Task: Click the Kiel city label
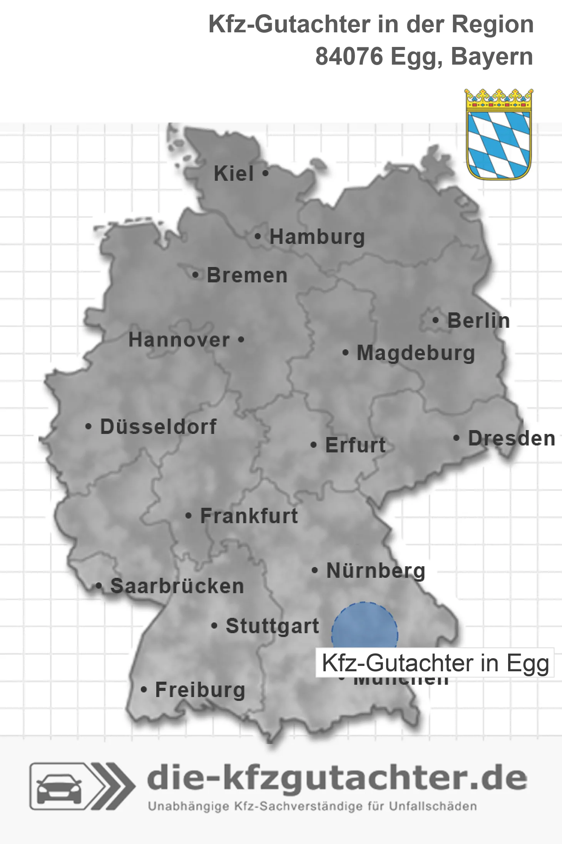click(234, 174)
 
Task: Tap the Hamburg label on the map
click(317, 237)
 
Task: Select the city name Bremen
click(247, 276)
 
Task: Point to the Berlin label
click(478, 321)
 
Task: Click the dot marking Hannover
click(241, 340)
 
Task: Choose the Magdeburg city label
click(416, 353)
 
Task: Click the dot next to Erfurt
click(314, 445)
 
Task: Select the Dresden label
click(512, 439)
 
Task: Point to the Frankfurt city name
click(249, 516)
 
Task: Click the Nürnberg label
click(376, 571)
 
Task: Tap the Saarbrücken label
click(177, 587)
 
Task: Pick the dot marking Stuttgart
click(214, 626)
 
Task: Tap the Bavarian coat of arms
click(499, 135)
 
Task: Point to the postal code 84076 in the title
click(349, 57)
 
